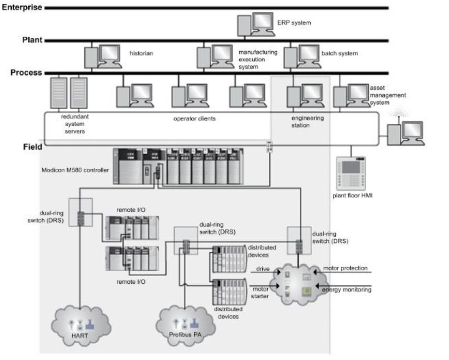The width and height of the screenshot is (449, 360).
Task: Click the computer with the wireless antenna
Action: tap(405, 132)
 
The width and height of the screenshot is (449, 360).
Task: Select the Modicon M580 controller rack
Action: tap(178, 165)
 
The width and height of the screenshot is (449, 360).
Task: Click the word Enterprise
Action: tap(22, 7)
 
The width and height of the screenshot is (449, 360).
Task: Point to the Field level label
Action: tap(33, 147)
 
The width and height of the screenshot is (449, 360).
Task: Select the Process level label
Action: tap(26, 72)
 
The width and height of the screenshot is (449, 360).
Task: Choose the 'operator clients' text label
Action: tap(194, 118)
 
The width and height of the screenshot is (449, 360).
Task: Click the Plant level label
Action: tap(33, 40)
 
